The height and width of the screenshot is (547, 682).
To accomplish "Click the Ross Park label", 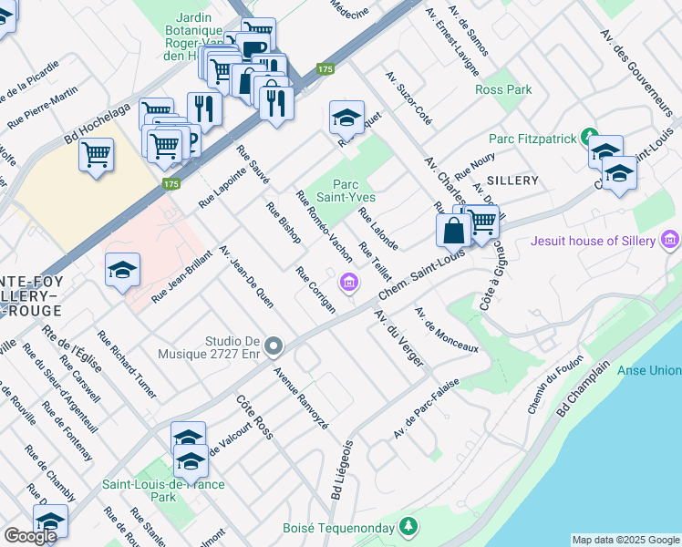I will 503,90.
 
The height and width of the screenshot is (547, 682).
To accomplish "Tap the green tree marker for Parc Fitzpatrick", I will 590,138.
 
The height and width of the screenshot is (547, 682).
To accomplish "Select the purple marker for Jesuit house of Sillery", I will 672,241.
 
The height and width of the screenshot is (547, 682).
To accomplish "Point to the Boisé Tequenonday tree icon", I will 410,526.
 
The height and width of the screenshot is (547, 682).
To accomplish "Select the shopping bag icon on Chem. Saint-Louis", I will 453,232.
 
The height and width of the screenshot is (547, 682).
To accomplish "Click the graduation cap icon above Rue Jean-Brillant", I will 122,270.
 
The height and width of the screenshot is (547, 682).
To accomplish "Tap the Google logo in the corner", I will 30,536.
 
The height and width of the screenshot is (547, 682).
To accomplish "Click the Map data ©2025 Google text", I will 625,540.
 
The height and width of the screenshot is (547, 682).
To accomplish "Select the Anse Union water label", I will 649,369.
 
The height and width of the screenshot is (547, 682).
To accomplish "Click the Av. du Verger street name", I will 400,338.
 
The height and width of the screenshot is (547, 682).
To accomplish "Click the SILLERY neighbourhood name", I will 512,181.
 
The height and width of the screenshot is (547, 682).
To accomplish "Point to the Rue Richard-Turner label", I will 127,365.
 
